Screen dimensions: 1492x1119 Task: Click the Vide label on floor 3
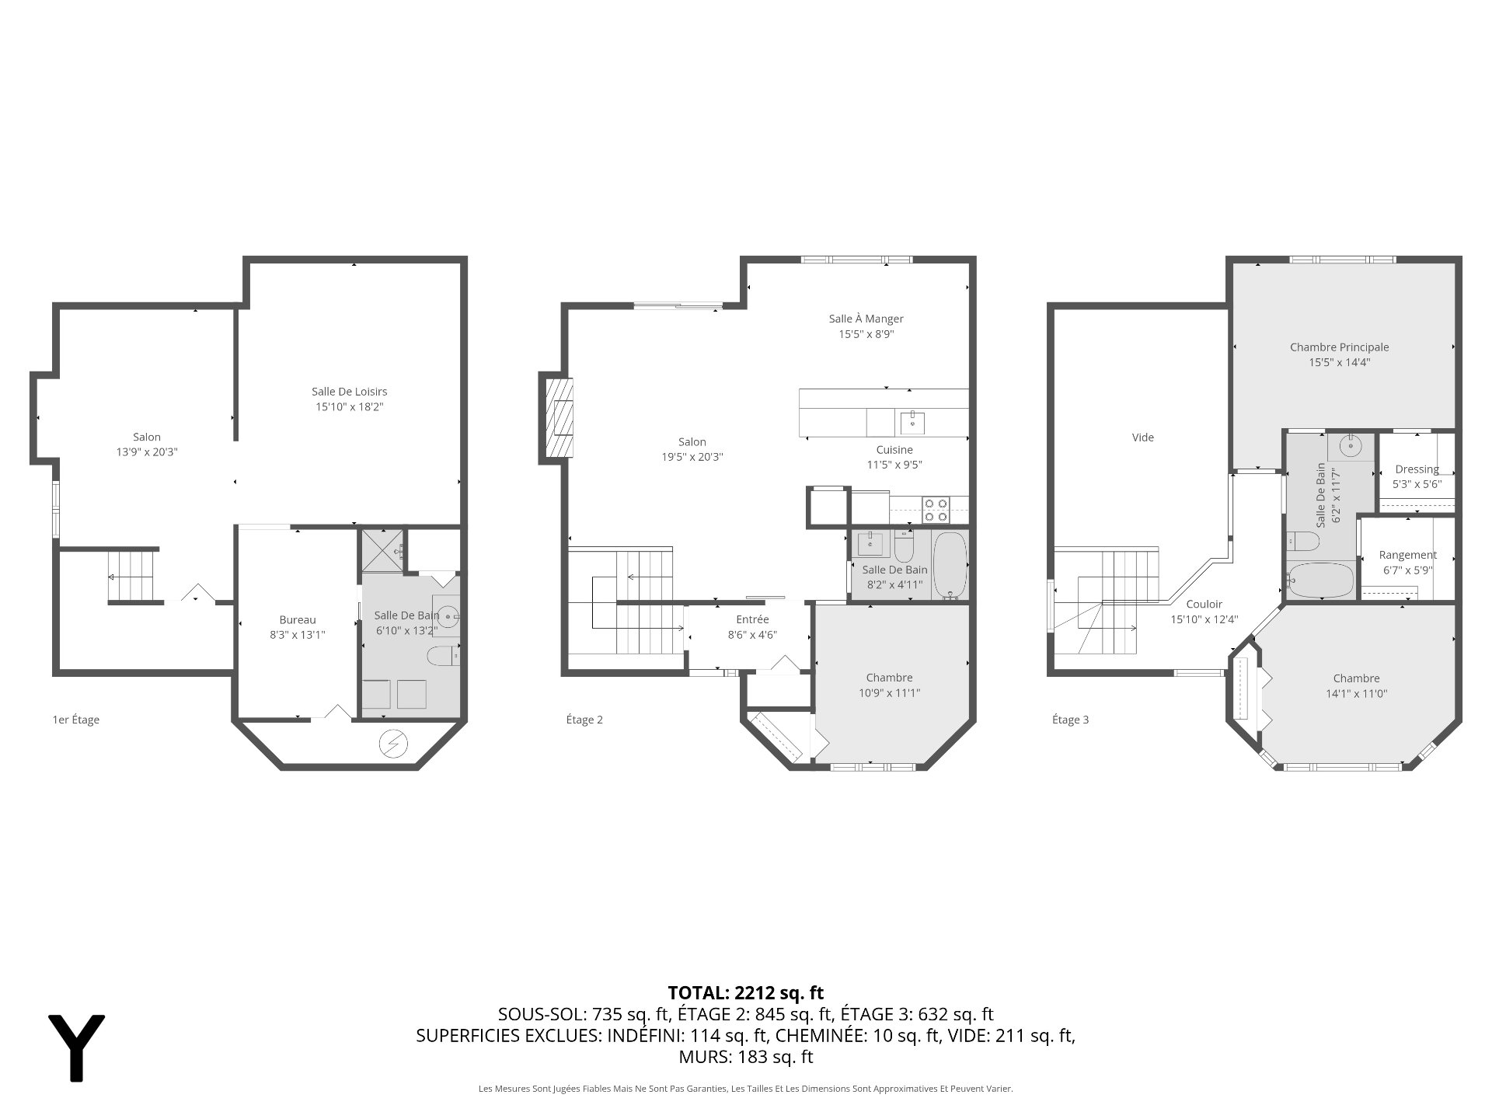[x=1143, y=437]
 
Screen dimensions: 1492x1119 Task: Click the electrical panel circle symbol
[x=392, y=744]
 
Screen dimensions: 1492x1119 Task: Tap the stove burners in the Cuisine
[x=936, y=510]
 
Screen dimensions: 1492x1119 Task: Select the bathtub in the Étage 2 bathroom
[x=950, y=566]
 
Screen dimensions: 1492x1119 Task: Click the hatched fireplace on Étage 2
[x=559, y=417]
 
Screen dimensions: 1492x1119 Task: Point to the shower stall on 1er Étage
[x=382, y=550]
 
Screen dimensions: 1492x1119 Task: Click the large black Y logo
[x=76, y=1047]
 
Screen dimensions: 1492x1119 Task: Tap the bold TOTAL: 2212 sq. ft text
[x=746, y=992]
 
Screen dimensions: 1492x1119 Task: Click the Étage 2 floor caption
[x=584, y=720]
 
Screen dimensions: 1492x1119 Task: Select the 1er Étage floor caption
[x=75, y=720]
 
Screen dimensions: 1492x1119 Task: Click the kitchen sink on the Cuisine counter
[x=912, y=423]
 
